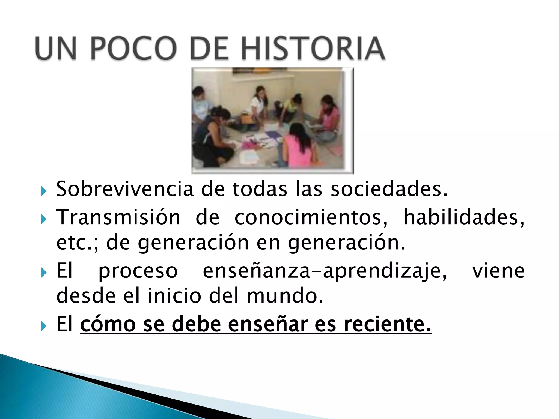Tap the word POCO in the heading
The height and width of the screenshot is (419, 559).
(x=133, y=48)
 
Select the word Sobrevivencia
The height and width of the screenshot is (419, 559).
(x=125, y=189)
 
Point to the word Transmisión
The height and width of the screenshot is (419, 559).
(x=118, y=217)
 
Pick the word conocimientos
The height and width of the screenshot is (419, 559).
(x=311, y=217)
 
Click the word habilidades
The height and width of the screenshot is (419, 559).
(x=463, y=217)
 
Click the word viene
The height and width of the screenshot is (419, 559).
(x=498, y=271)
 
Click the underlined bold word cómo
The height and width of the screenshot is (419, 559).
(x=108, y=324)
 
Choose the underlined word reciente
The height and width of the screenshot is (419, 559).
(x=387, y=324)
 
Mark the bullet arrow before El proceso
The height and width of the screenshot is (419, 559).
(x=44, y=273)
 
